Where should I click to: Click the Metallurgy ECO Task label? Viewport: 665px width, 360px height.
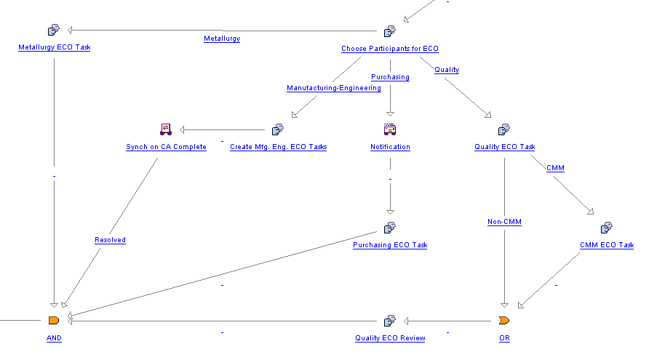(x=54, y=48)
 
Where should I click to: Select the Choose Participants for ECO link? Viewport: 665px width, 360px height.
(x=390, y=49)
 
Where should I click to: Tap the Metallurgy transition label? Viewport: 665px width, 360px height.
(x=222, y=39)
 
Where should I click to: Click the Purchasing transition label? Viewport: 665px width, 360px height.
(x=390, y=77)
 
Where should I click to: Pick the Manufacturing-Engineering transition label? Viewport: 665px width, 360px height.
(x=334, y=88)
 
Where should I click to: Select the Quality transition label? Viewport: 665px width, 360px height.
(x=447, y=70)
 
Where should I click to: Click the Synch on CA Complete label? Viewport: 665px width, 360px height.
(x=166, y=147)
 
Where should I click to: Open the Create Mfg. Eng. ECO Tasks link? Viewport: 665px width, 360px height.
(x=278, y=147)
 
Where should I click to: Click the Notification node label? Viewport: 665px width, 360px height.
(x=390, y=147)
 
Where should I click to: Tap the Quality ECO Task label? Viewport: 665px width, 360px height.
(x=504, y=147)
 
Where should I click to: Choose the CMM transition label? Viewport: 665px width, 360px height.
(x=555, y=168)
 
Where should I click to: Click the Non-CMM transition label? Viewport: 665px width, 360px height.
(x=504, y=223)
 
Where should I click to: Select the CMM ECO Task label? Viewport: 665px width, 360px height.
(x=606, y=245)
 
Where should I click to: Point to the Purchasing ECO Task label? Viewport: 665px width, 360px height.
(x=390, y=245)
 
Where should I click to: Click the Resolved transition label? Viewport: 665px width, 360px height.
(x=110, y=240)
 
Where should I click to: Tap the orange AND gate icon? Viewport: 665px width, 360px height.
(x=53, y=320)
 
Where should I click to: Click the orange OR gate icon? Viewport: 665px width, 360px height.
(x=504, y=320)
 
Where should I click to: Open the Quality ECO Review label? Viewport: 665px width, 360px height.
(x=390, y=338)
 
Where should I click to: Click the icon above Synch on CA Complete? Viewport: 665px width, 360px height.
(x=165, y=129)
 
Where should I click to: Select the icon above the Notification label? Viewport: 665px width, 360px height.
(x=390, y=129)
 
